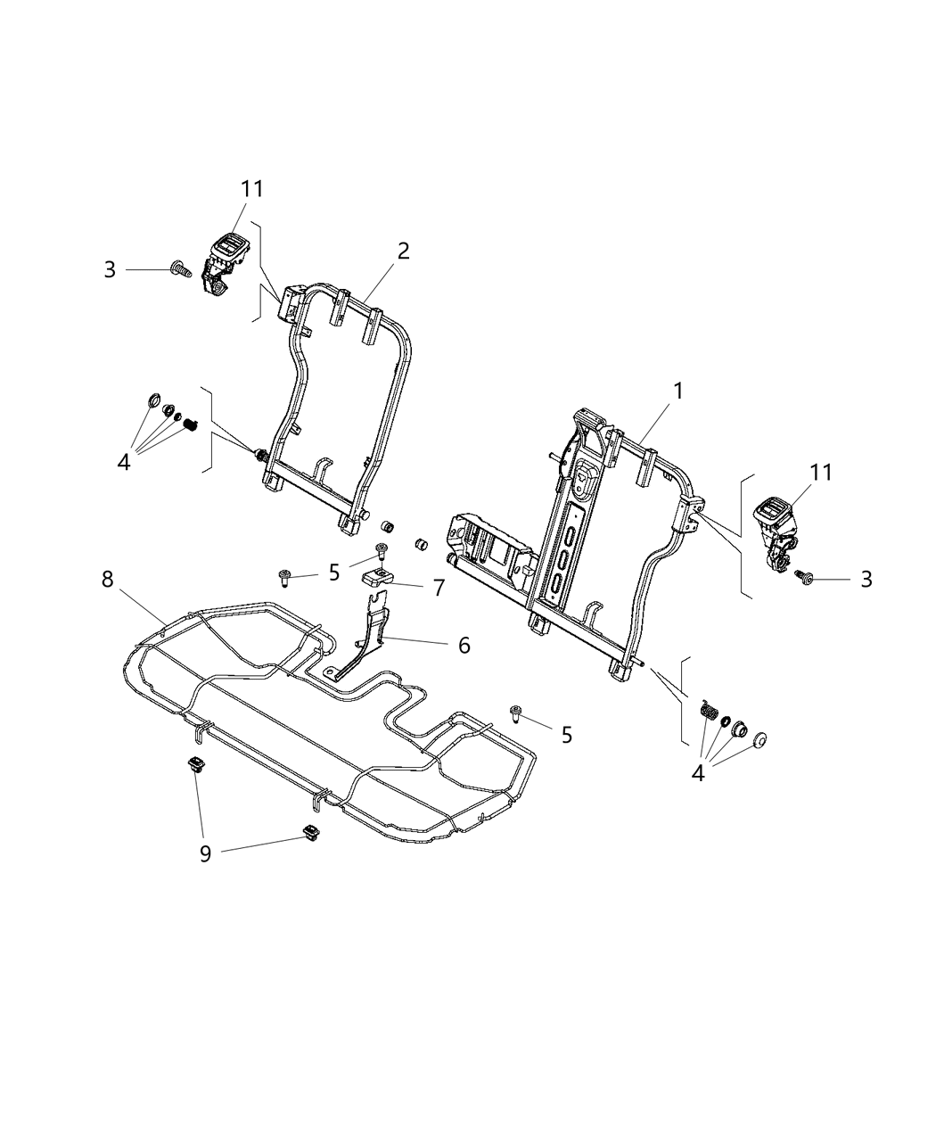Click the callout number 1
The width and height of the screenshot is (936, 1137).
[678, 391]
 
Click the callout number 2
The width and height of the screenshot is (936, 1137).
[403, 251]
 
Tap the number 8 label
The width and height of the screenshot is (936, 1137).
[108, 580]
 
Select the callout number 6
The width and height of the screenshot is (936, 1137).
[464, 645]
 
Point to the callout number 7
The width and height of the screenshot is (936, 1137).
[438, 589]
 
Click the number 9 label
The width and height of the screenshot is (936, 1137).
[205, 854]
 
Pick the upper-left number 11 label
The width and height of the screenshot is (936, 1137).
[252, 189]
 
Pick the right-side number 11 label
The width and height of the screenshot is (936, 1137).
[821, 473]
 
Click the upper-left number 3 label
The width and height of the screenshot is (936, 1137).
[110, 269]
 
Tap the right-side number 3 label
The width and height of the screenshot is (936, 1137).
[866, 580]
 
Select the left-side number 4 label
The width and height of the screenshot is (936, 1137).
[124, 462]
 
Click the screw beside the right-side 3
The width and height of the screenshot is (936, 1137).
[804, 578]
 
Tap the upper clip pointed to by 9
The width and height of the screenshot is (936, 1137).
[196, 765]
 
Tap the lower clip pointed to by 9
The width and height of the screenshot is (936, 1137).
[311, 833]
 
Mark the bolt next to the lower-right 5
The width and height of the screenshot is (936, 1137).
[516, 713]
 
